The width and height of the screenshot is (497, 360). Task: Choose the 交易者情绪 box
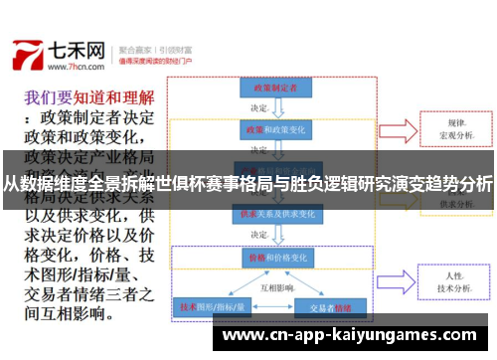[328, 307]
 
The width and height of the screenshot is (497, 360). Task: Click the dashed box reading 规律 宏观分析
[454, 129]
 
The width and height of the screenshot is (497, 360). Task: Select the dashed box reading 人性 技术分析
[454, 281]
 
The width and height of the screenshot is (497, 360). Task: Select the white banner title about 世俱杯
[248, 183]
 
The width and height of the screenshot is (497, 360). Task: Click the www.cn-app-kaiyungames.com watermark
[352, 336]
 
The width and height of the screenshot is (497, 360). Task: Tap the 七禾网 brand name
[81, 49]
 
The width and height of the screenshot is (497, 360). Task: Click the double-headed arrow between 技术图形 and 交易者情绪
[268, 307]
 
